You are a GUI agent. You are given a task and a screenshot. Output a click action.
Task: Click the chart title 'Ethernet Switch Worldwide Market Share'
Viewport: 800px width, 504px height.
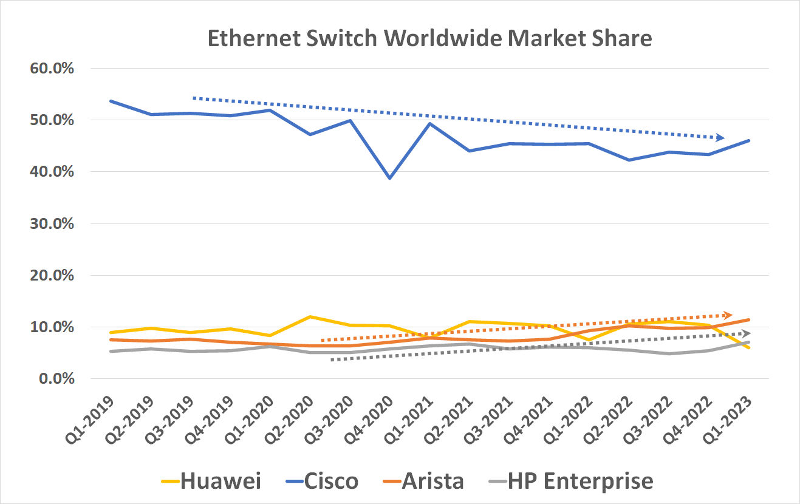[x=429, y=38]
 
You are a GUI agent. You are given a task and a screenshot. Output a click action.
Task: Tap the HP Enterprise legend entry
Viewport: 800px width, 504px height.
[x=571, y=481]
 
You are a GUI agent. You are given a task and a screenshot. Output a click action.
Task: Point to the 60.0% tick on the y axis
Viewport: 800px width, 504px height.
[x=52, y=68]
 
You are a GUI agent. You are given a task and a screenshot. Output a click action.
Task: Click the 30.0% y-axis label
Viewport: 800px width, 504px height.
[x=52, y=223]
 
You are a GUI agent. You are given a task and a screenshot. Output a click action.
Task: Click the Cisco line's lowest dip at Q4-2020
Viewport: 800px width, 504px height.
[x=389, y=178]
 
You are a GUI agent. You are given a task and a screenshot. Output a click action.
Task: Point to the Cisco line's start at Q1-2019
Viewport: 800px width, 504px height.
[x=111, y=101]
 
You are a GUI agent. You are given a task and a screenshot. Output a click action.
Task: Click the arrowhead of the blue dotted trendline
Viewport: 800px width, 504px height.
[x=721, y=138]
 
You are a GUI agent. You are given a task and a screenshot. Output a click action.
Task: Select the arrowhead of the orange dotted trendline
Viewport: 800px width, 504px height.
[x=729, y=315]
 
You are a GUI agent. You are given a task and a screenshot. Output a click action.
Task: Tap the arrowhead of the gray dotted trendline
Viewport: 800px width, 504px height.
[x=747, y=333]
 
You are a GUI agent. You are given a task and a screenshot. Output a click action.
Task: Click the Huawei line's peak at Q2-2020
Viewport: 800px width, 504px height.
[x=310, y=317]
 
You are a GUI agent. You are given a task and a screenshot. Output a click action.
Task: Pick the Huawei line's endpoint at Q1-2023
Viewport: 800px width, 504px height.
[x=748, y=347]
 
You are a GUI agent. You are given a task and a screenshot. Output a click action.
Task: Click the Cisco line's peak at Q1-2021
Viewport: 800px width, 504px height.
[x=430, y=123]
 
